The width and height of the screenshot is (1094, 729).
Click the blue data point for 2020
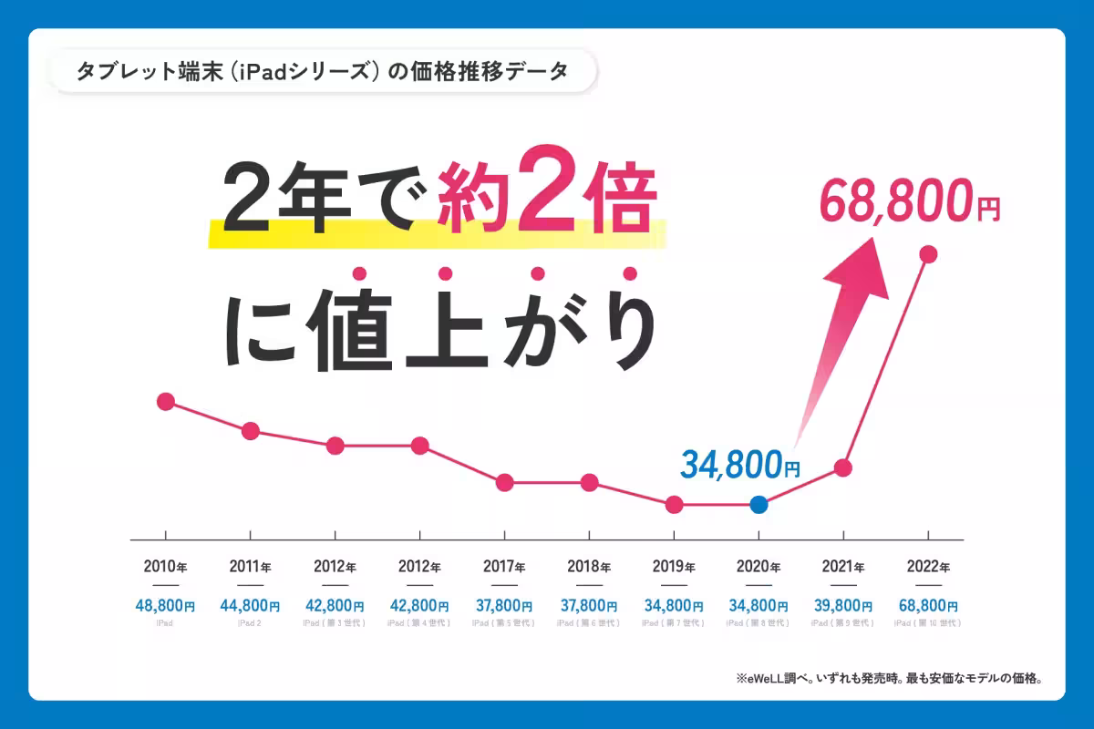coord(759,504)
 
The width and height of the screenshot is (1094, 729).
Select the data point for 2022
coord(928,255)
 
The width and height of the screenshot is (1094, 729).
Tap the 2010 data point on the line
coord(165,401)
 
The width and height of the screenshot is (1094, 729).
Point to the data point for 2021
coord(843,467)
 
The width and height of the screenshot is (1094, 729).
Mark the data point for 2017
coord(504,482)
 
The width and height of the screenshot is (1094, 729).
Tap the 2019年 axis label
coord(674,566)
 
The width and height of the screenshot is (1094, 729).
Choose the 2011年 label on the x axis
coord(250,566)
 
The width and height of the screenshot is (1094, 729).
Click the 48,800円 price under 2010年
coord(165,604)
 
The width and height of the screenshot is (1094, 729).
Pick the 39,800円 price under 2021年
coord(843,604)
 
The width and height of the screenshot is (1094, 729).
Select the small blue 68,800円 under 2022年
coord(928,604)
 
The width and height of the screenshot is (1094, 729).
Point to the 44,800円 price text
coord(250,604)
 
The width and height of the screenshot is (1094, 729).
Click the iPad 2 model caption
coord(250,623)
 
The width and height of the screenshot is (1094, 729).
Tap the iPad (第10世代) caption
coord(928,623)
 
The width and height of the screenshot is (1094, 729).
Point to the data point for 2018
coord(589,482)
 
